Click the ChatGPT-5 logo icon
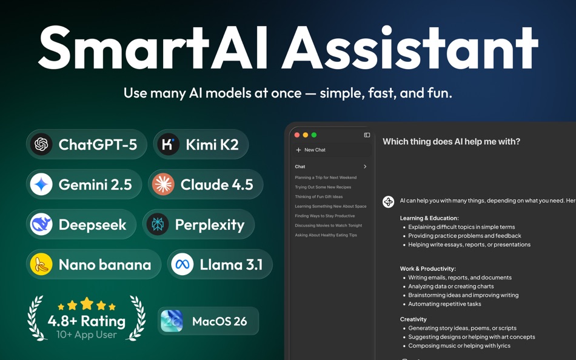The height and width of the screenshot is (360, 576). pos(41,144)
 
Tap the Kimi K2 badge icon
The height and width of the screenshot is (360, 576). pos(168,144)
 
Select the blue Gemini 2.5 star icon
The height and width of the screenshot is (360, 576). pos(41,184)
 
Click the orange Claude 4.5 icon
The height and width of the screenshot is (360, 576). pos(163,184)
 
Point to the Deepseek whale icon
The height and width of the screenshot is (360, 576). pos(41,224)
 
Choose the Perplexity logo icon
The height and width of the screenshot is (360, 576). pos(158,224)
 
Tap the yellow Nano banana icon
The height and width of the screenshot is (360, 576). pos(41,264)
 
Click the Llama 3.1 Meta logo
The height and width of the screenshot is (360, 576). pos(182,264)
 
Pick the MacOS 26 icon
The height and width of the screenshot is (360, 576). pos(172,321)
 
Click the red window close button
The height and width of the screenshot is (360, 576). pos(297,135)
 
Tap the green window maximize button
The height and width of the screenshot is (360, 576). pos(314,135)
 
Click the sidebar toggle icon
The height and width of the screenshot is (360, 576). pos(367,135)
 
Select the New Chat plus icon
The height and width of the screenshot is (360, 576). pos(298,150)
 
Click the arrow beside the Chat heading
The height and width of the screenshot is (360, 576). pos(365,167)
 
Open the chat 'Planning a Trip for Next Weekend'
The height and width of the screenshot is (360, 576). pos(326,178)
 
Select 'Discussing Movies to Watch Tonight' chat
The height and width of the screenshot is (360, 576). pos(328,225)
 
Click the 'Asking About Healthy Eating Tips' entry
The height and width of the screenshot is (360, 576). pos(326,235)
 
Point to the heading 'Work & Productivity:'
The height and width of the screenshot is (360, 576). pos(427,268)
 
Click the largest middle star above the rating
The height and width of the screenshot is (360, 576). pos(87,303)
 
